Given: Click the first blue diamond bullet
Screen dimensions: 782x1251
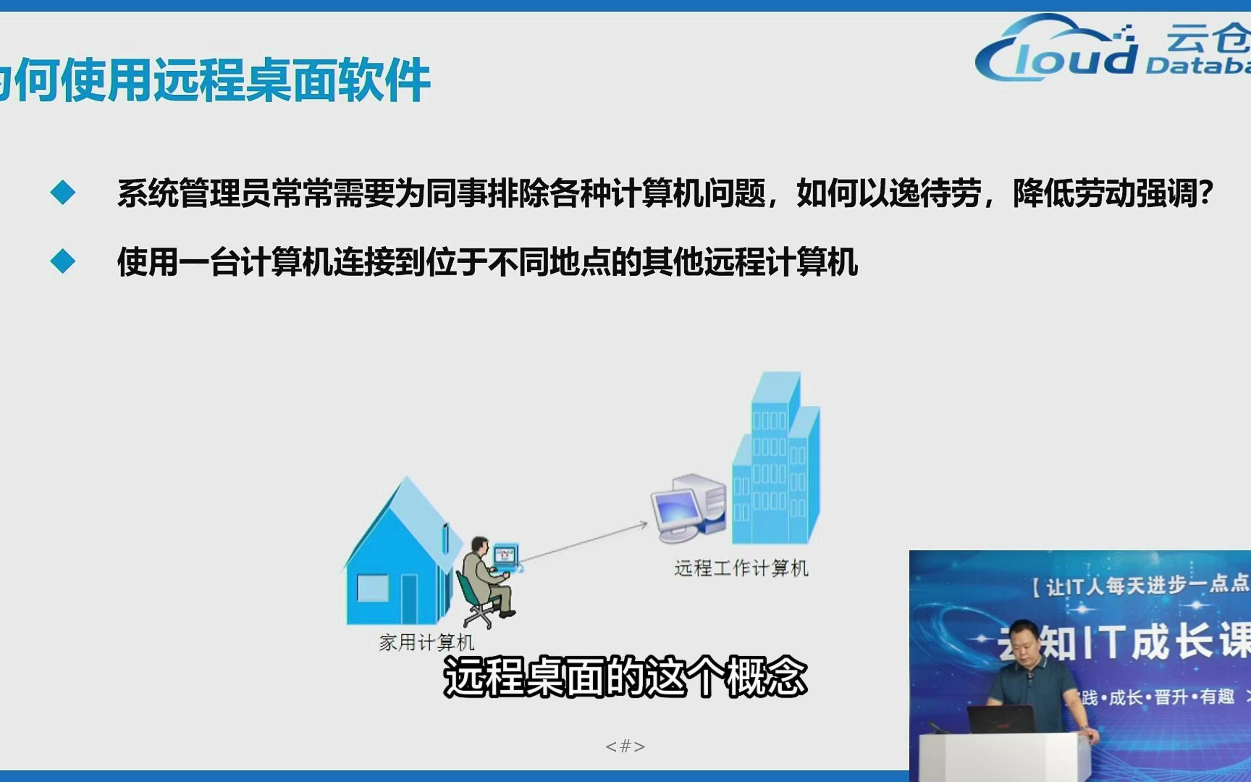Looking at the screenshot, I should (x=63, y=193).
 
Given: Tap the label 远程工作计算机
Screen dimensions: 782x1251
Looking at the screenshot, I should (x=741, y=568).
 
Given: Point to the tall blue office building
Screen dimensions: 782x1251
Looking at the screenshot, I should (x=775, y=460).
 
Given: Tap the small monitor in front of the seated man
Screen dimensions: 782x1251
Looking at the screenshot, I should (x=505, y=556).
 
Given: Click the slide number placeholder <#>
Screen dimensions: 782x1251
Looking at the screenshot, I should (x=625, y=746).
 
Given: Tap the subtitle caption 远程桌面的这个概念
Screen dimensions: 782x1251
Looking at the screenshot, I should (x=625, y=677).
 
